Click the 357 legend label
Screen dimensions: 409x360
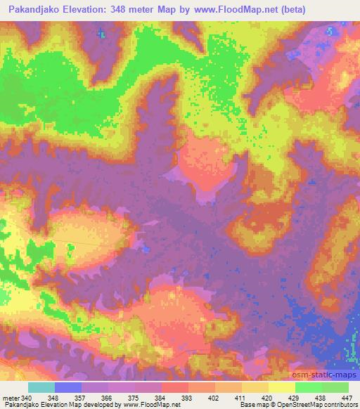pyautogui.click(x=82, y=397)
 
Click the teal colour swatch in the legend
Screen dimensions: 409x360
pyautogui.click(x=41, y=387)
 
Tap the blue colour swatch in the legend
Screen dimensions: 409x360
pyautogui.click(x=68, y=387)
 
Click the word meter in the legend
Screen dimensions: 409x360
pyautogui.click(x=10, y=397)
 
